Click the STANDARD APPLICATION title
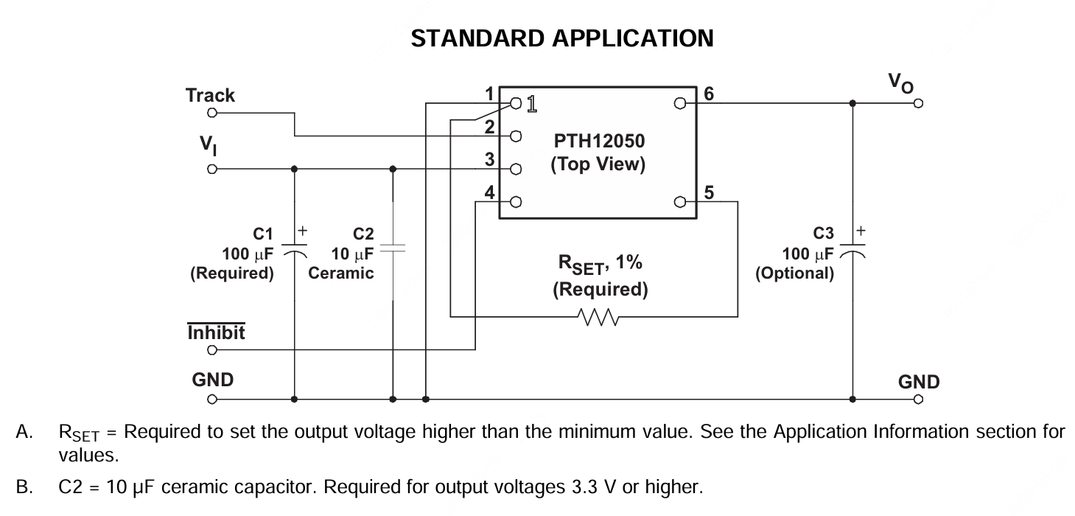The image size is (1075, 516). tap(561, 38)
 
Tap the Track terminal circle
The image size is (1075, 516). tap(212, 114)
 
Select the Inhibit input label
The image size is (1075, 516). tap(217, 332)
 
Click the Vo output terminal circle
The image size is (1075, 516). tap(918, 103)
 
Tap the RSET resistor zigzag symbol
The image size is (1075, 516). tap(598, 317)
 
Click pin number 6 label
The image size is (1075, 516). tap(709, 94)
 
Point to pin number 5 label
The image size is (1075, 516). tap(709, 192)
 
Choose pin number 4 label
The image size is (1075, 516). tap(489, 192)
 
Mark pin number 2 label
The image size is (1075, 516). tap(489, 127)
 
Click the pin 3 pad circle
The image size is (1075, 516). tap(516, 169)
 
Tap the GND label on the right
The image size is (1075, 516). tap(918, 382)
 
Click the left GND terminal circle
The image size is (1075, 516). tap(212, 400)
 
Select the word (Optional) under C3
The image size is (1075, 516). tap(795, 273)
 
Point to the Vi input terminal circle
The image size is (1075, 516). tap(212, 169)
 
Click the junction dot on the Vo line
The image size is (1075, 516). tap(852, 103)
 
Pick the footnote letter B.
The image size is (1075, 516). tap(22, 487)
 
